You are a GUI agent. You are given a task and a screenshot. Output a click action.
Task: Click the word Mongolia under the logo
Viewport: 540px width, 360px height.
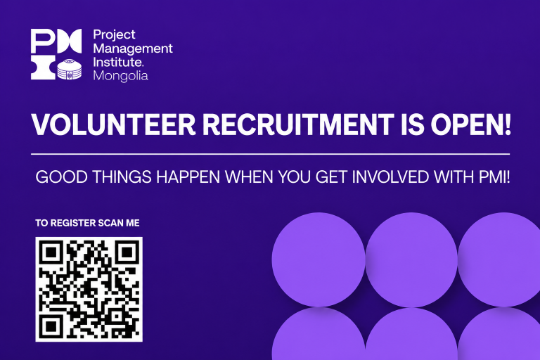click(120, 76)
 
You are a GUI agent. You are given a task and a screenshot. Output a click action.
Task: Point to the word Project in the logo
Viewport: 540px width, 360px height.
click(115, 35)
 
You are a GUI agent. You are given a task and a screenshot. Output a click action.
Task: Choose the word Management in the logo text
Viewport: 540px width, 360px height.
click(133, 49)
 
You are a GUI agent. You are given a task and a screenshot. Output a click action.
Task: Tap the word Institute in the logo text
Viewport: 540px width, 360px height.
click(117, 62)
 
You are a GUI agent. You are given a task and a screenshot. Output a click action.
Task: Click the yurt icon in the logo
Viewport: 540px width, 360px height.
click(69, 70)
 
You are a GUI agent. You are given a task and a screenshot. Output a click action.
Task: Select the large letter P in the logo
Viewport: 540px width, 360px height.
click(43, 41)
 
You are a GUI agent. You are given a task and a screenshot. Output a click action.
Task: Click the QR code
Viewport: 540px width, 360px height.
click(89, 289)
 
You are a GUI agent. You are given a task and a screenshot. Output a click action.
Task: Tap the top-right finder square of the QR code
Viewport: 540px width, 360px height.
click(127, 252)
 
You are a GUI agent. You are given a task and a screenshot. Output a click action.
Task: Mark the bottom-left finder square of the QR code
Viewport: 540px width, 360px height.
click(51, 326)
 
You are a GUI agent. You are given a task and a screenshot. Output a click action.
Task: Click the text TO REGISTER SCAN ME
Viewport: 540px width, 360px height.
click(87, 223)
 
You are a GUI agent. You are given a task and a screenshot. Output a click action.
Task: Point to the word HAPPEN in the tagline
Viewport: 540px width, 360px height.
click(188, 177)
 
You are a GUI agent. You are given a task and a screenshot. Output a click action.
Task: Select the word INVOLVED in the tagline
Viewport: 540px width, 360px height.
click(390, 177)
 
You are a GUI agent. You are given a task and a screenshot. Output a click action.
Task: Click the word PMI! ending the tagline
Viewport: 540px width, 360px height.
click(494, 177)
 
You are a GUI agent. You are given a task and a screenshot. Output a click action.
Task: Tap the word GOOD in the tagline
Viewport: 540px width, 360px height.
click(61, 177)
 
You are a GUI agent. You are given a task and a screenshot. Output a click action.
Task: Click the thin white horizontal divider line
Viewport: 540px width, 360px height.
click(270, 154)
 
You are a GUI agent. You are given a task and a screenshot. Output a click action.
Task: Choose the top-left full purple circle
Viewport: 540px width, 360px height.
click(319, 259)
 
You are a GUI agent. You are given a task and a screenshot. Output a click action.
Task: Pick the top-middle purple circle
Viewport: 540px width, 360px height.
click(411, 259)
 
